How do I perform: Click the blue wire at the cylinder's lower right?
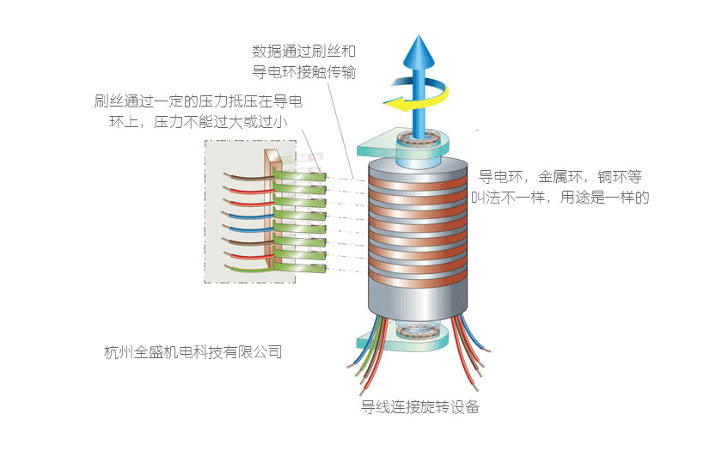[x=464, y=339]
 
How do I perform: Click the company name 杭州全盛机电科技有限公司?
[x=193, y=351]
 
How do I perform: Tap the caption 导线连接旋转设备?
[x=420, y=406]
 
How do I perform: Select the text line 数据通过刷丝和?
[x=310, y=51]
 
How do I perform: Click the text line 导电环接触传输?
[x=310, y=73]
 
